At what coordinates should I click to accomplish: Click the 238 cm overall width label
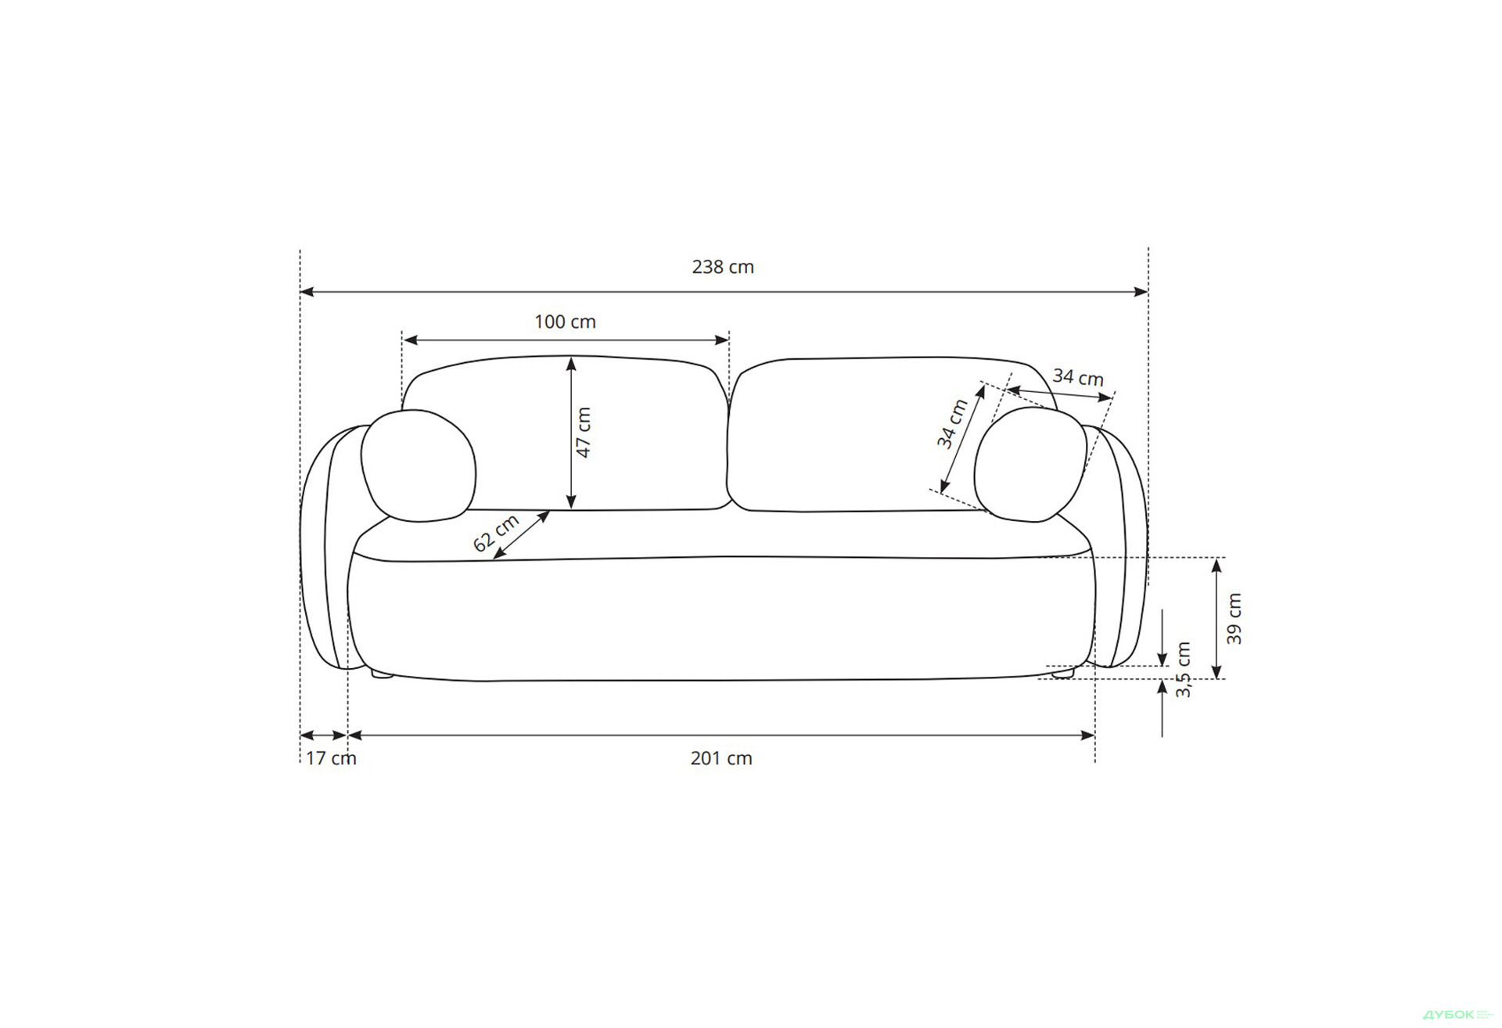(723, 267)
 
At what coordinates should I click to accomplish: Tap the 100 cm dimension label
(565, 322)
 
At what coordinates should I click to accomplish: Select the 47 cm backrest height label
(584, 432)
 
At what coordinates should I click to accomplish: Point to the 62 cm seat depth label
(496, 533)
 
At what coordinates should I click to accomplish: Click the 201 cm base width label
(721, 758)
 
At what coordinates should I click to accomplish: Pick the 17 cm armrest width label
(331, 758)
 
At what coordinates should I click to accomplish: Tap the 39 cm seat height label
(1234, 618)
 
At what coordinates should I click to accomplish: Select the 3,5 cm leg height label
(1183, 670)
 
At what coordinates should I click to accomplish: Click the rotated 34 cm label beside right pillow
(953, 423)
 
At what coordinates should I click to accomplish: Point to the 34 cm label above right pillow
(1078, 377)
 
